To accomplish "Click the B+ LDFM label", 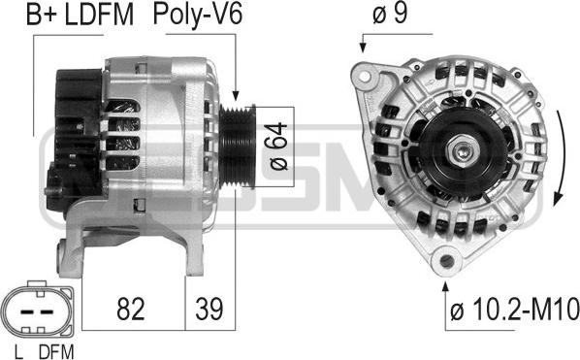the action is click(80, 15).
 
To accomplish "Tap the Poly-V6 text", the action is click(198, 15).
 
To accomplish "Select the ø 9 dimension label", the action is click(390, 14).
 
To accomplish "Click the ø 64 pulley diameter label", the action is click(278, 147).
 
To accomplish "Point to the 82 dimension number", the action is click(131, 309).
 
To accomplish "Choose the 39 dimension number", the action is click(209, 309).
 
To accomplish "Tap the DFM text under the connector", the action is click(56, 352).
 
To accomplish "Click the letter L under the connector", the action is click(18, 352).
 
